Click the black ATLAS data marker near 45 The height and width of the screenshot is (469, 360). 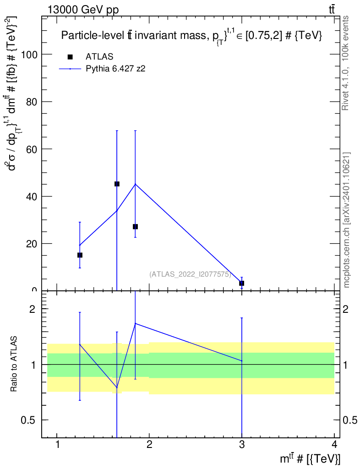117,184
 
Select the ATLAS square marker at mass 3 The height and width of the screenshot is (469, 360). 241,283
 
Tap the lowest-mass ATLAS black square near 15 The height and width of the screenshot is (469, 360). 80,255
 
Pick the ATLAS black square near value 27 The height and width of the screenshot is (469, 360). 135,227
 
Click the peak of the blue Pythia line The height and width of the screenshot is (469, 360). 135,184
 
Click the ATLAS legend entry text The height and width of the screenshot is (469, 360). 99,56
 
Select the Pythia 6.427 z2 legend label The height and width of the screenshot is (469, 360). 116,69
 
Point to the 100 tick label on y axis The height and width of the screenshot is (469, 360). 29,55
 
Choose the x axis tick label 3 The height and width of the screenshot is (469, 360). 241,444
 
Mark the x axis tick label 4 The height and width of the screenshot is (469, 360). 334,444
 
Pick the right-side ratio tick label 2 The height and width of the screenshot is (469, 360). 346,309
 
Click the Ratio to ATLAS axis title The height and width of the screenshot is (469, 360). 14,364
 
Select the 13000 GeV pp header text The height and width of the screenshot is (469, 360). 83,10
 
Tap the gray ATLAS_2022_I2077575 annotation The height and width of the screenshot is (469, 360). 190,274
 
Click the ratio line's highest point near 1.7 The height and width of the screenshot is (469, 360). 135,323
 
